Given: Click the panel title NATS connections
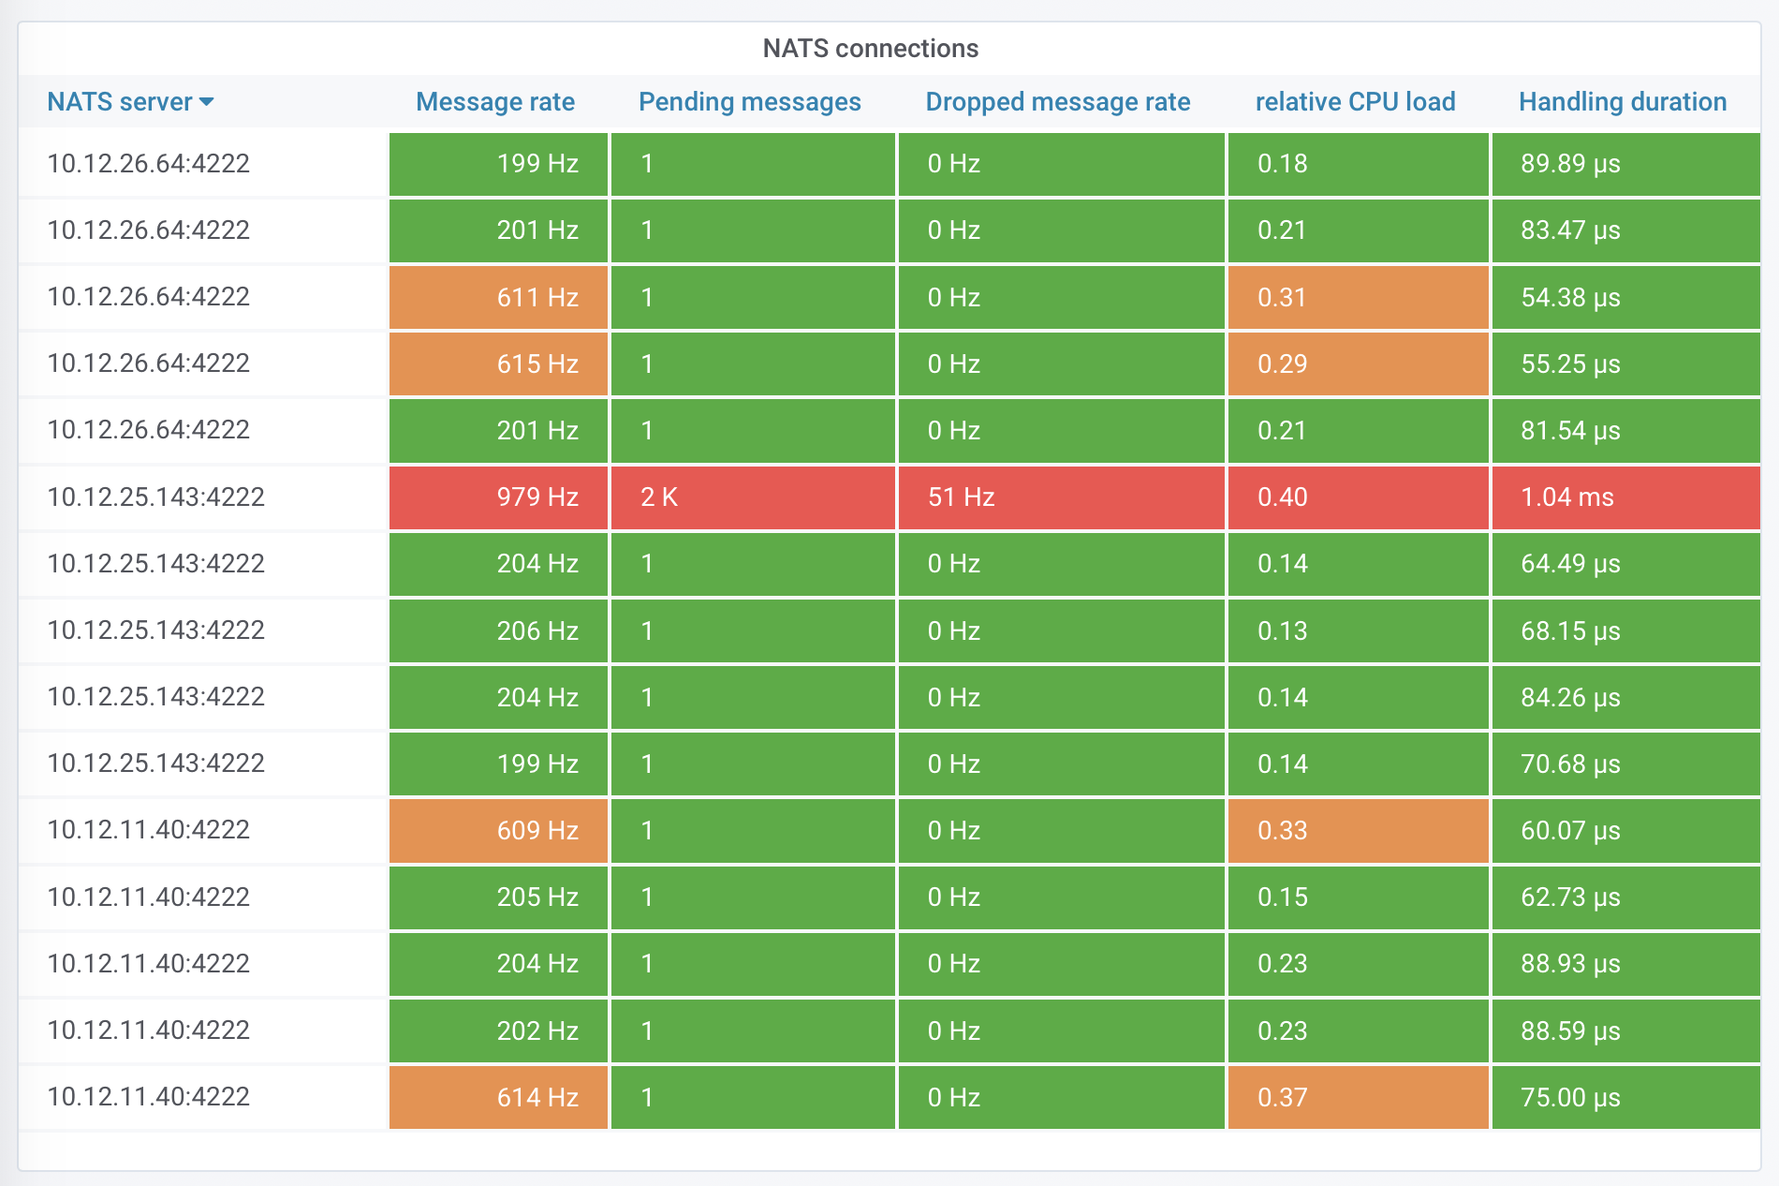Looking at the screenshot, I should (870, 48).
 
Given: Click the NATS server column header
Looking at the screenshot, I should (120, 101).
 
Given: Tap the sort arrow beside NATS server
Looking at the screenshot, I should (207, 101).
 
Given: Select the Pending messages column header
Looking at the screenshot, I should (749, 101).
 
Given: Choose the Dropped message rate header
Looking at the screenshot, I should (1057, 101).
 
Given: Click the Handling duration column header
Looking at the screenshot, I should (1622, 101).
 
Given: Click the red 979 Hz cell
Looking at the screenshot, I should (499, 497).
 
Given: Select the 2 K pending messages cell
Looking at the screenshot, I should (753, 497).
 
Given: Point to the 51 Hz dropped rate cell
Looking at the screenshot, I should (1061, 497).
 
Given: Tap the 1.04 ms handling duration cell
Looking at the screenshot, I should (1625, 497).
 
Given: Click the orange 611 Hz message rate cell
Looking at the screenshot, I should (499, 297).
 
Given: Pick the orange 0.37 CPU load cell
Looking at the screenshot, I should (1358, 1097).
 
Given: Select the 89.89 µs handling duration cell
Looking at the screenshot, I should (1625, 164).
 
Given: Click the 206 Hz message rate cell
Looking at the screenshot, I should (499, 630).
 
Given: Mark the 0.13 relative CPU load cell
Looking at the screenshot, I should (1358, 630).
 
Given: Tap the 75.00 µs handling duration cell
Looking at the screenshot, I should (1625, 1097).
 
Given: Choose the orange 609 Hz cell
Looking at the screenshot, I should (499, 830).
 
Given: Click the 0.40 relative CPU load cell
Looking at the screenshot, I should (1358, 497).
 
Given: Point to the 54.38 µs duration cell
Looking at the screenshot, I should (1625, 297).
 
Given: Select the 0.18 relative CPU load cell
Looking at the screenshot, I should (1358, 164).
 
